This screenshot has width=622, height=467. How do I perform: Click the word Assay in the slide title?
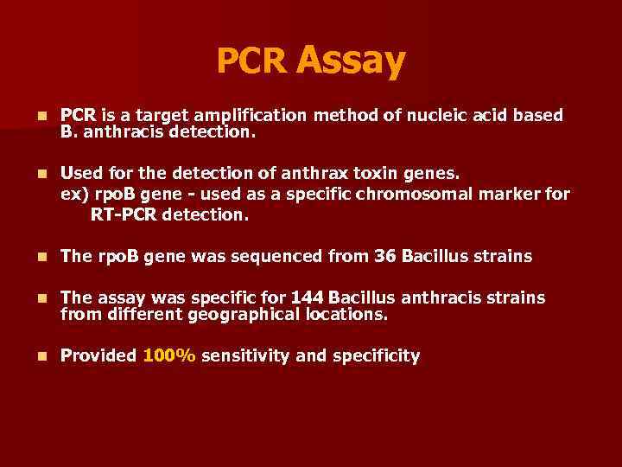click(x=350, y=60)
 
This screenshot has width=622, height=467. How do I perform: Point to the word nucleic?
click(x=429, y=115)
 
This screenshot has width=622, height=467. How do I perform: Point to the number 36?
click(x=385, y=256)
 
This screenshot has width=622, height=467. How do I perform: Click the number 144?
click(x=308, y=297)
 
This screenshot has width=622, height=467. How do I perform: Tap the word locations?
click(x=346, y=315)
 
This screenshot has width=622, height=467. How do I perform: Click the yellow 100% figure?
click(x=169, y=355)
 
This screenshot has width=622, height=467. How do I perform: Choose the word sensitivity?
click(x=245, y=355)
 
